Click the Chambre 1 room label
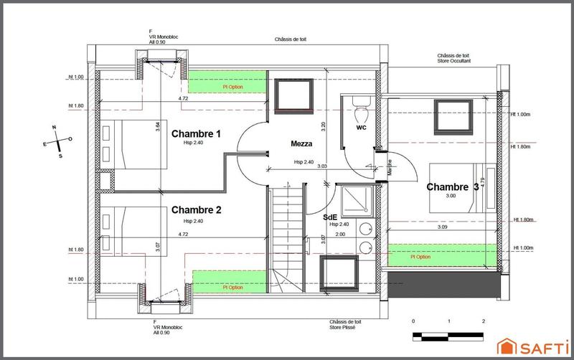(196, 133)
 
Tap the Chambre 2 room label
(196, 210)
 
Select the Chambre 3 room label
(452, 187)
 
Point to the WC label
(362, 128)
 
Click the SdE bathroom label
(330, 216)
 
